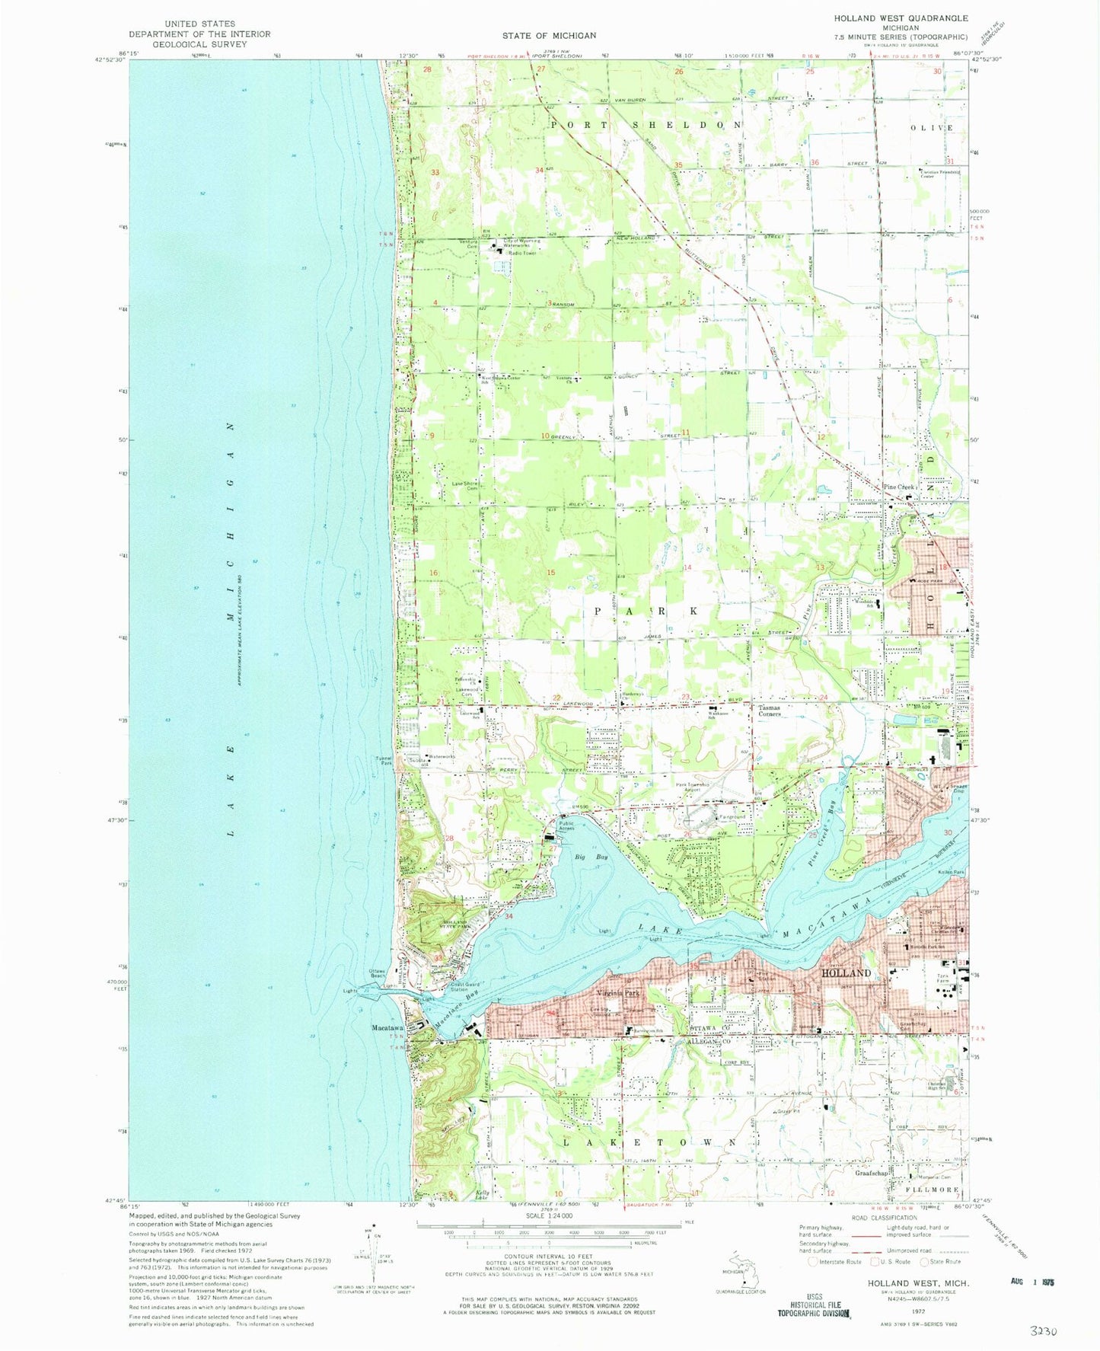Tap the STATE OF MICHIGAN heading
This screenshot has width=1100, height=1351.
pos(549,35)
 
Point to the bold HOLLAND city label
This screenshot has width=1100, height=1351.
pos(846,973)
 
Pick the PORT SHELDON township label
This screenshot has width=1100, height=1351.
pos(646,124)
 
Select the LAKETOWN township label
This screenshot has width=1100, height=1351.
pos(649,1142)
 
